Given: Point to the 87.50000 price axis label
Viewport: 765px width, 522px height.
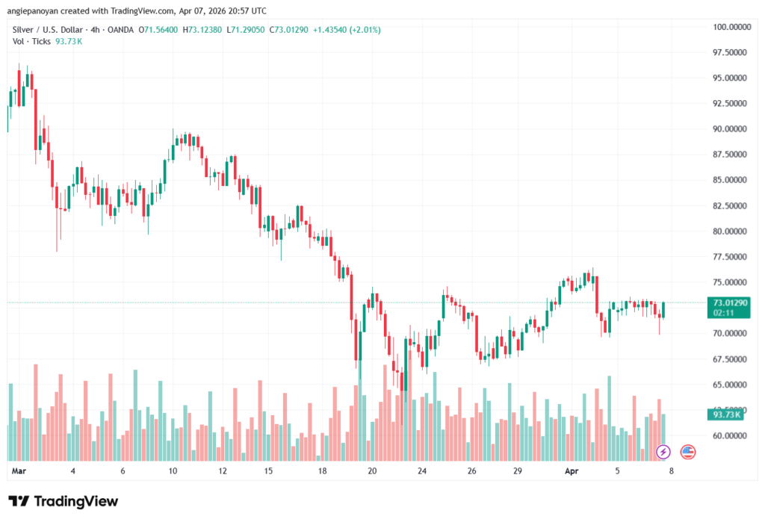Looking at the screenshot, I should coord(731,155).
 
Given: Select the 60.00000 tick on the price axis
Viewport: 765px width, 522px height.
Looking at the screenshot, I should coord(731,435).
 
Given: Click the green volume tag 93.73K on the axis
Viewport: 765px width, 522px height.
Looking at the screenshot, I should coord(727,414).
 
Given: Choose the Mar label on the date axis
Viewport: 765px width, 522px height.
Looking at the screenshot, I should coord(19,472).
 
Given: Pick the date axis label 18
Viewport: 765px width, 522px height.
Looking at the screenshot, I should coord(322,472).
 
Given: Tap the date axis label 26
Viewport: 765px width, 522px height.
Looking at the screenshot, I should coord(471,472).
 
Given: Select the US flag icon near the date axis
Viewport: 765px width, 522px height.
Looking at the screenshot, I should coord(687,452).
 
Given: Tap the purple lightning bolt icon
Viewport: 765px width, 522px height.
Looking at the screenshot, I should coord(663,452).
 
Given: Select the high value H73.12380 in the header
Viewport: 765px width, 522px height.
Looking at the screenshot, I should coord(203,30).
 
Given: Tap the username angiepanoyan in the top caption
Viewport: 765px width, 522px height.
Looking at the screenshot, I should coord(37,11).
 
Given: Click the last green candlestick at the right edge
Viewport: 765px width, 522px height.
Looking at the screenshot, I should coord(663,310).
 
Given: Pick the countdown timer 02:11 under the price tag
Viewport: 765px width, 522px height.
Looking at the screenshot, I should coord(723,314).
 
